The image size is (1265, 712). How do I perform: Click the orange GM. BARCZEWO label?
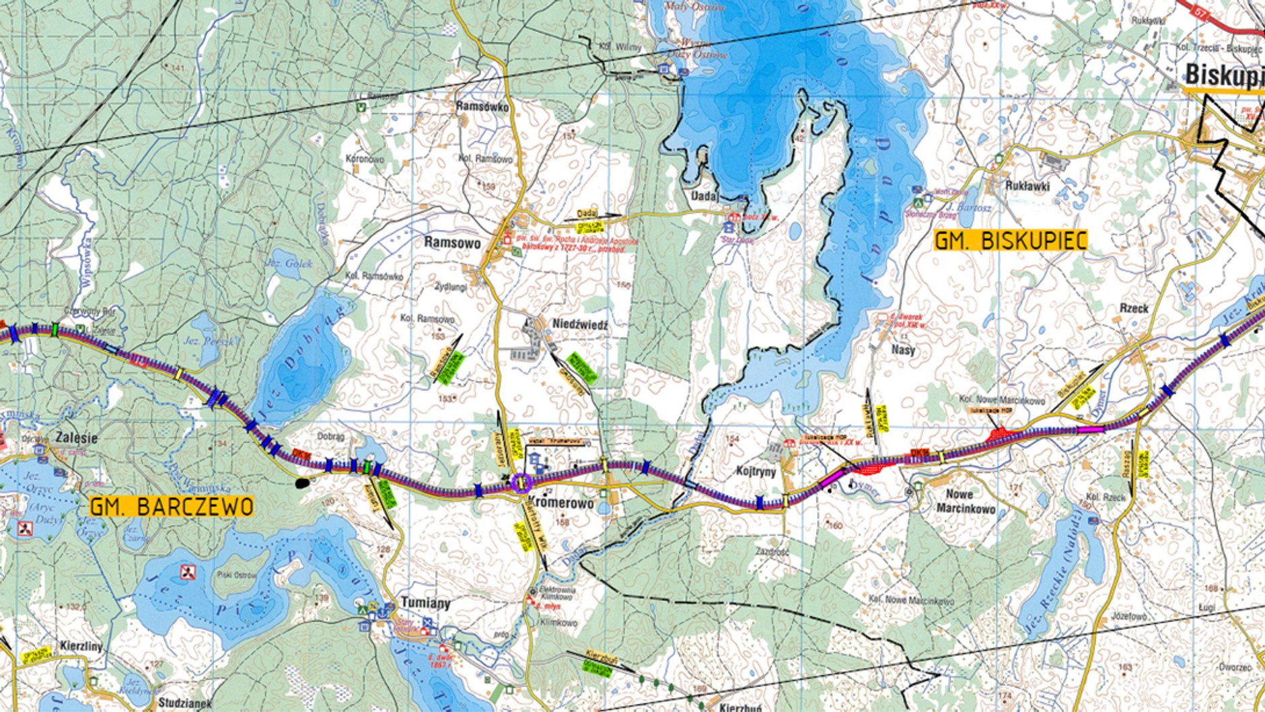pos(172,507)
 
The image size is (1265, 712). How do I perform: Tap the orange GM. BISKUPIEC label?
pos(1011,241)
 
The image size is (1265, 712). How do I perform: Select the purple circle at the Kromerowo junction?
pos(521,483)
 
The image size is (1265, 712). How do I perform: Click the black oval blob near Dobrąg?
pos(303,483)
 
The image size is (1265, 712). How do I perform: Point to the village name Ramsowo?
pos(452,243)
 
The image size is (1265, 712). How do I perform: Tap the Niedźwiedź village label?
pos(579,324)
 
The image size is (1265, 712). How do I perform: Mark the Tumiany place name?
pos(425,602)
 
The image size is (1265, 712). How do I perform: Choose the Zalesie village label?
pos(77,437)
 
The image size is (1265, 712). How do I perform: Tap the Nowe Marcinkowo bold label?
pos(966,501)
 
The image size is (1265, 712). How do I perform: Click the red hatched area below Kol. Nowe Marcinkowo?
pos(1001,435)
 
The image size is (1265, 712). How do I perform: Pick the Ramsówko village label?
pos(482,106)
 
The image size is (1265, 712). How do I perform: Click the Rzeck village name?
pos(1134,308)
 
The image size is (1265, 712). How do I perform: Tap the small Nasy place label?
pos(903,350)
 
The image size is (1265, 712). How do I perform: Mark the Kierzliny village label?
pos(81,646)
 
